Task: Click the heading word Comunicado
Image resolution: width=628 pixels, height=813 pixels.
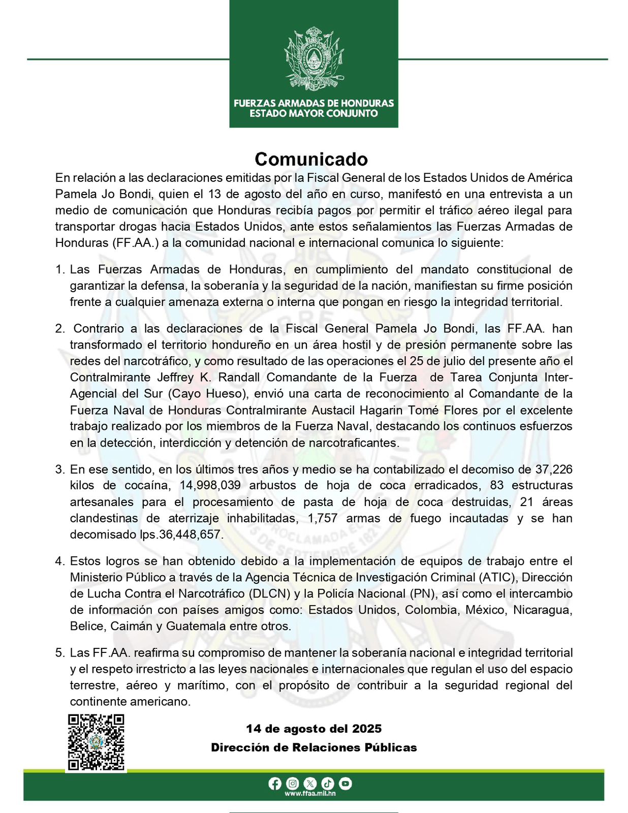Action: pyautogui.click(x=311, y=159)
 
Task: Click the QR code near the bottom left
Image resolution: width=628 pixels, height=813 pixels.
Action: pyautogui.click(x=97, y=742)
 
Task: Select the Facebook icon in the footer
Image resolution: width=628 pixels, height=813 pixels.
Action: pyautogui.click(x=275, y=784)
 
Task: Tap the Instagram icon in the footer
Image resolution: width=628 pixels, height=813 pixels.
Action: pyautogui.click(x=293, y=784)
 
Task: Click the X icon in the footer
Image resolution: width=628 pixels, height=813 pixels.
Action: pyautogui.click(x=310, y=784)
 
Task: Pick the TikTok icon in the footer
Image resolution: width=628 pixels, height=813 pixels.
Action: pyautogui.click(x=328, y=784)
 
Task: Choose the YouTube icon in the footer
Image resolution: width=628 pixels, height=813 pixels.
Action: pyautogui.click(x=346, y=784)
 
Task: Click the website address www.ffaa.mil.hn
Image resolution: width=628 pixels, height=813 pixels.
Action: pyautogui.click(x=310, y=794)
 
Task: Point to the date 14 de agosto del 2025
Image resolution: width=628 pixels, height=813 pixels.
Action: pyautogui.click(x=313, y=729)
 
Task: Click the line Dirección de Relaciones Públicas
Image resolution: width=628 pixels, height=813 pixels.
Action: pyautogui.click(x=313, y=747)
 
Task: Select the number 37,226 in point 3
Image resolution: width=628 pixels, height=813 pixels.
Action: pyautogui.click(x=554, y=470)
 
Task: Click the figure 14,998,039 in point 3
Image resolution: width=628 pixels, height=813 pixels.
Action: pyautogui.click(x=210, y=486)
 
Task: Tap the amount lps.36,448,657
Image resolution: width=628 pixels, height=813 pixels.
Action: pyautogui.click(x=181, y=535)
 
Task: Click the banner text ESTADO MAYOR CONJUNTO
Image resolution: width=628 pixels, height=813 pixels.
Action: pyautogui.click(x=313, y=113)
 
